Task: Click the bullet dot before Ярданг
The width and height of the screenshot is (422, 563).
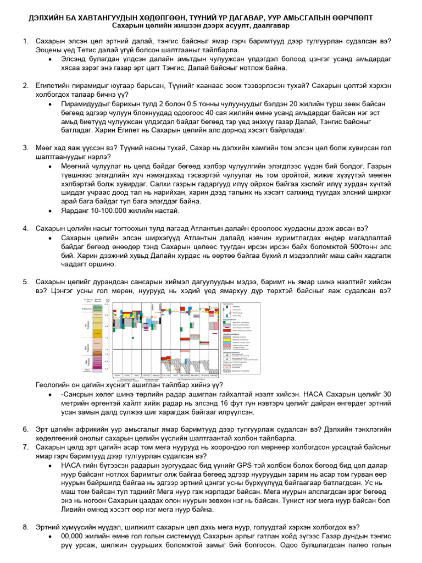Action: pos(51,210)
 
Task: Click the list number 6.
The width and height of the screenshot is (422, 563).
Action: pos(25,429)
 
